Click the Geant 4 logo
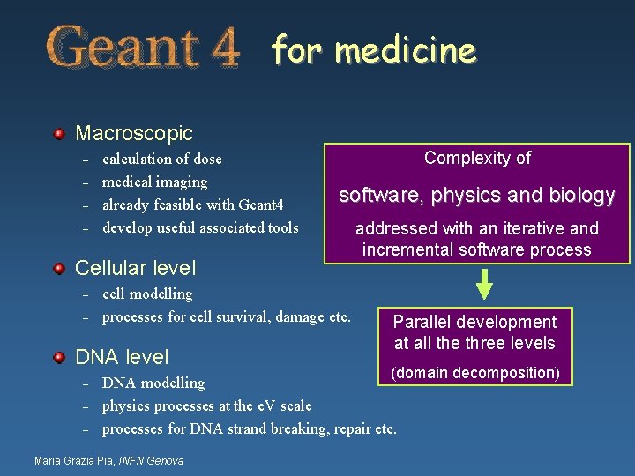[143, 48]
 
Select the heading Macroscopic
[134, 134]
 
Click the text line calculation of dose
[162, 160]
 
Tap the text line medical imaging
[155, 182]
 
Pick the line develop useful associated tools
[200, 228]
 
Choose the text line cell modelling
[147, 294]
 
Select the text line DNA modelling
[153, 383]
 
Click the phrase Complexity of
[477, 159]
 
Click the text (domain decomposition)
[475, 373]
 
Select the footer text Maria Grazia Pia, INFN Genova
[108, 461]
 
